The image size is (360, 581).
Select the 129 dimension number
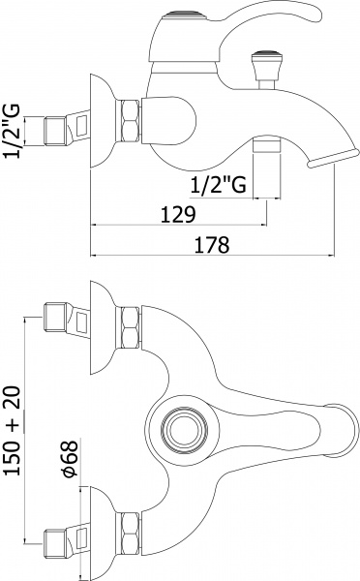175,214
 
